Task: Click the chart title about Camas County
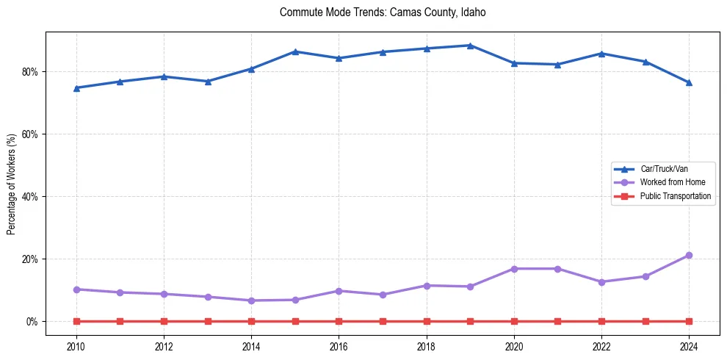tap(383, 12)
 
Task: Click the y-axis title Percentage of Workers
tap(11, 184)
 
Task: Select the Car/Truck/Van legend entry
tap(664, 169)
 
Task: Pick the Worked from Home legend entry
tap(672, 182)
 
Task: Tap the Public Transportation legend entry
tap(675, 196)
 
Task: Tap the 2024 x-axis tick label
tap(689, 346)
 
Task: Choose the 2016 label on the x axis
tap(339, 346)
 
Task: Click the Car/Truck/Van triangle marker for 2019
tap(470, 46)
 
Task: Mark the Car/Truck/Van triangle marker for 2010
tap(76, 87)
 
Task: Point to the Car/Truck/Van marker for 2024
tap(689, 82)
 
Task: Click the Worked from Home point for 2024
tap(689, 256)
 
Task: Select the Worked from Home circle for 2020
tap(514, 269)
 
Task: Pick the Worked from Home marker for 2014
tap(251, 300)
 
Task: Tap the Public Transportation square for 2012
tap(164, 321)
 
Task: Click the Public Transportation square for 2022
tap(601, 321)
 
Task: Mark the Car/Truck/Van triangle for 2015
tap(295, 51)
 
